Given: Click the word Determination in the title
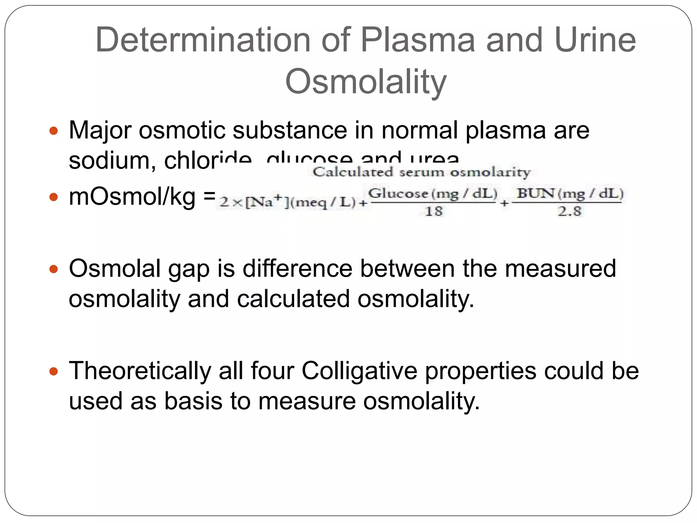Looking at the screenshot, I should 203,40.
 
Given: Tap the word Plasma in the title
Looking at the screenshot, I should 417,40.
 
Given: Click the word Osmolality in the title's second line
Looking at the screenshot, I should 366,82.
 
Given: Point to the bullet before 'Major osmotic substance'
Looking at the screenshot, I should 54,131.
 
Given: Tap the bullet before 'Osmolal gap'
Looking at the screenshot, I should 54,269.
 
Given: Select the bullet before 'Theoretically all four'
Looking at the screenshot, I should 54,371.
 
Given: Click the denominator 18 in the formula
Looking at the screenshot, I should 434,211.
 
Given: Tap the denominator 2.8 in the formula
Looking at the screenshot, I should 569,211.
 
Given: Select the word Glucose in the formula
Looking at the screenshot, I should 398,194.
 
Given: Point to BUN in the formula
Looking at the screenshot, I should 536,193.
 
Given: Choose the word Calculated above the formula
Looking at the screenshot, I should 353,172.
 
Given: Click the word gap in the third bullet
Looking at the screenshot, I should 189,269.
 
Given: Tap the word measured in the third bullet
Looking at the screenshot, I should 560,269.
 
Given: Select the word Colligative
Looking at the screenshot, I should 359,371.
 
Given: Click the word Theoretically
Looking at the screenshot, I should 140,371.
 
